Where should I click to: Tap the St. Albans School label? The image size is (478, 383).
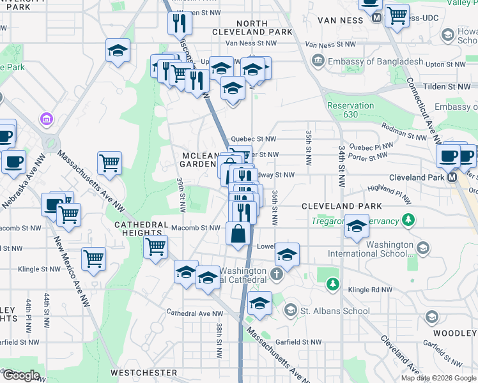(x=334, y=311)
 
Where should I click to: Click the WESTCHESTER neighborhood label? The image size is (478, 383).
(x=143, y=372)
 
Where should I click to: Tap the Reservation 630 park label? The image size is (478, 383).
(x=350, y=110)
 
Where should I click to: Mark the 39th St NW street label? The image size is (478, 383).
(x=182, y=195)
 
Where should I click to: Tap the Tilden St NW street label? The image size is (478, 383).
(x=450, y=86)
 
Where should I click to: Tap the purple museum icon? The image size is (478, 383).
(x=45, y=119)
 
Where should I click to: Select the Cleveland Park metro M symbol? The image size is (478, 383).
(x=453, y=177)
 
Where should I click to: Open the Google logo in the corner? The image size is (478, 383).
(x=20, y=375)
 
